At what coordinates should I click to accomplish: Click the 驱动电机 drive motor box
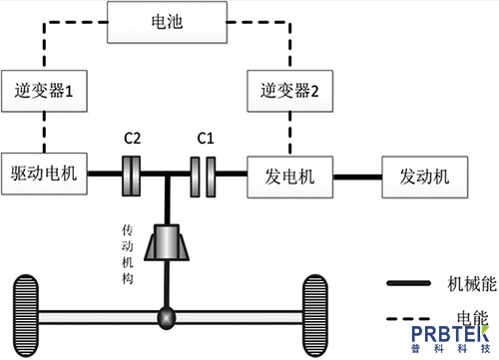pyautogui.click(x=44, y=176)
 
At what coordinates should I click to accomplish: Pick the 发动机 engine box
pyautogui.click(x=423, y=176)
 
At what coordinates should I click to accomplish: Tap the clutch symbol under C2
pyautogui.click(x=132, y=176)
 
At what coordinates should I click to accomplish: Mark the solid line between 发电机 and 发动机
pyautogui.click(x=354, y=177)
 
